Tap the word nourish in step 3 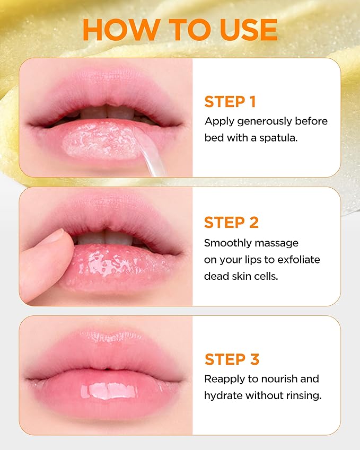tap(283, 379)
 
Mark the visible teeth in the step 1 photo tap(106, 112)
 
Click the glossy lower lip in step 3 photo tap(106, 392)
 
